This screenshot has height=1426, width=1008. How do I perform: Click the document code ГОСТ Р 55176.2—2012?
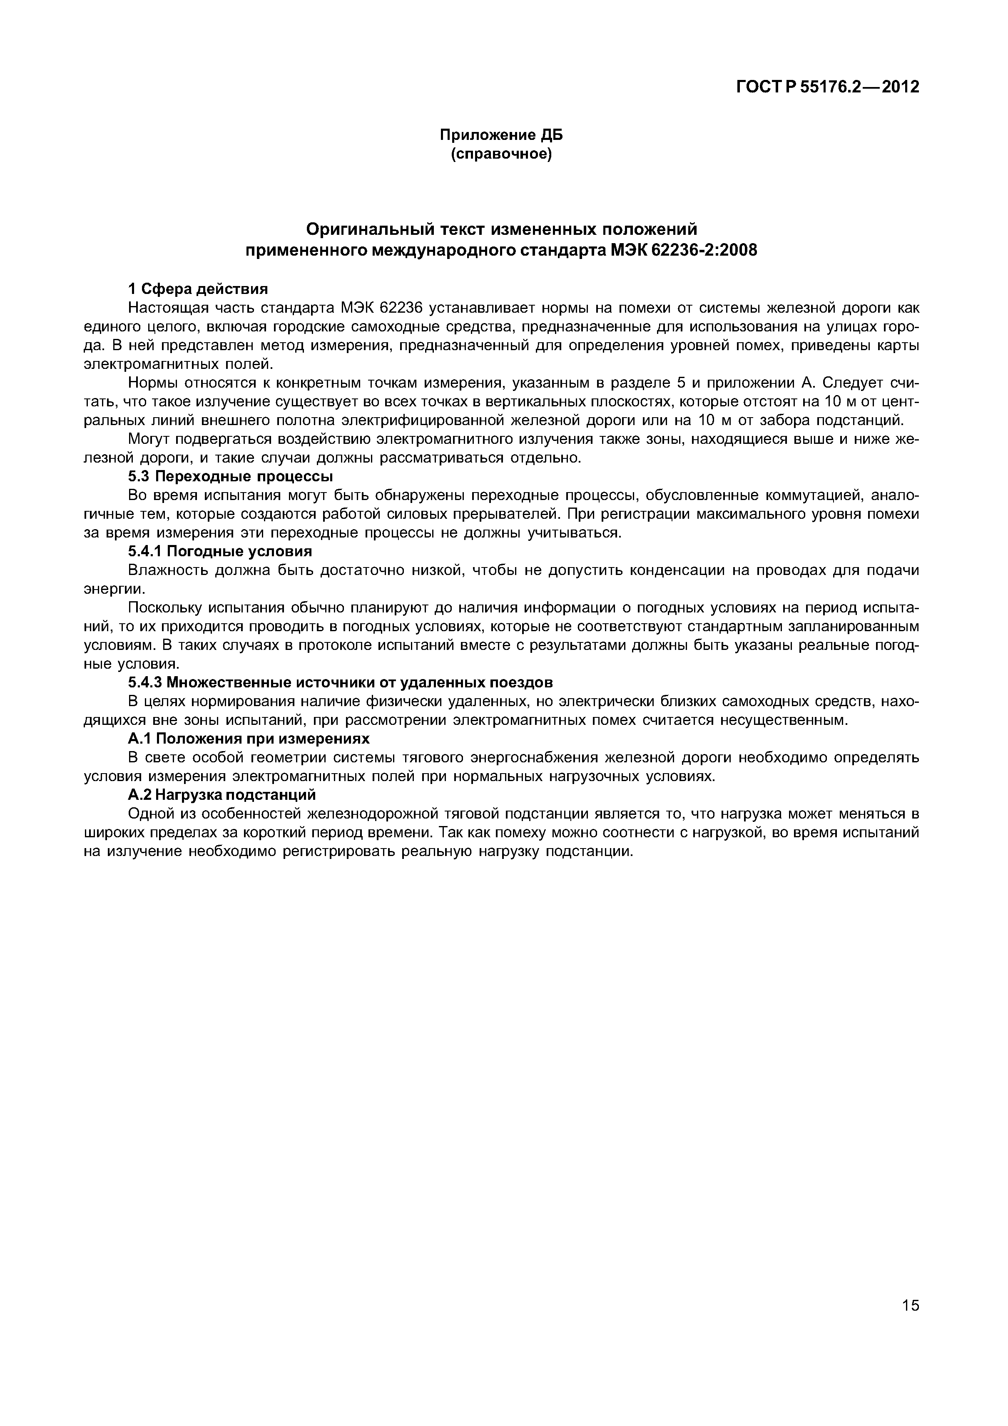click(x=827, y=87)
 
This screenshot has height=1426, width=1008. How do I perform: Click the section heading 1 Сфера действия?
click(x=197, y=289)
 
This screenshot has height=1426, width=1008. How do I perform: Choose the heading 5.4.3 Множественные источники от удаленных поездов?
click(x=340, y=682)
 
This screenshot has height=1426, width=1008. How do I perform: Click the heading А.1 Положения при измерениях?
click(x=249, y=739)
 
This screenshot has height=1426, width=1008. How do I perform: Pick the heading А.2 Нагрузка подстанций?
click(x=222, y=795)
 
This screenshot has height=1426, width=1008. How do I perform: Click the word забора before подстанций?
click(x=779, y=421)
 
